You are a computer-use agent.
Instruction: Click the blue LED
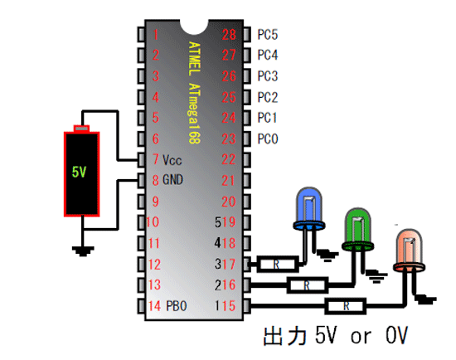309,209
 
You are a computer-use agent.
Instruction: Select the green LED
358,229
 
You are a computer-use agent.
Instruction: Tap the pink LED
410,251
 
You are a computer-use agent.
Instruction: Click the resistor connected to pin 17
278,264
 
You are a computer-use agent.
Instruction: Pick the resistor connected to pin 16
308,285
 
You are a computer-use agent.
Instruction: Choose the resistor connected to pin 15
345,306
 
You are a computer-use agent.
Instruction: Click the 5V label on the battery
79,172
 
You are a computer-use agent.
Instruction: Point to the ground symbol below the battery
83,251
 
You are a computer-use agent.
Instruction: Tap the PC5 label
268,34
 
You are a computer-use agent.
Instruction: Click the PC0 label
268,139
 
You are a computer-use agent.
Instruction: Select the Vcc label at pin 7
172,160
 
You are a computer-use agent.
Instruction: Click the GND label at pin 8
172,179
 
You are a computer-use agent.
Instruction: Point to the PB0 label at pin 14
177,306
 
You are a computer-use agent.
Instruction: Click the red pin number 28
229,35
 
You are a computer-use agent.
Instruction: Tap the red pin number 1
156,34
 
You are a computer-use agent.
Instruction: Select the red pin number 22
229,159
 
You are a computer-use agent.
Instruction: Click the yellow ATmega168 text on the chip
194,114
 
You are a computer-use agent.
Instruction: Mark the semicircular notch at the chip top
194,27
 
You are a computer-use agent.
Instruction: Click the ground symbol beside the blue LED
327,255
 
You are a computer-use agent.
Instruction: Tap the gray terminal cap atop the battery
81,128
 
